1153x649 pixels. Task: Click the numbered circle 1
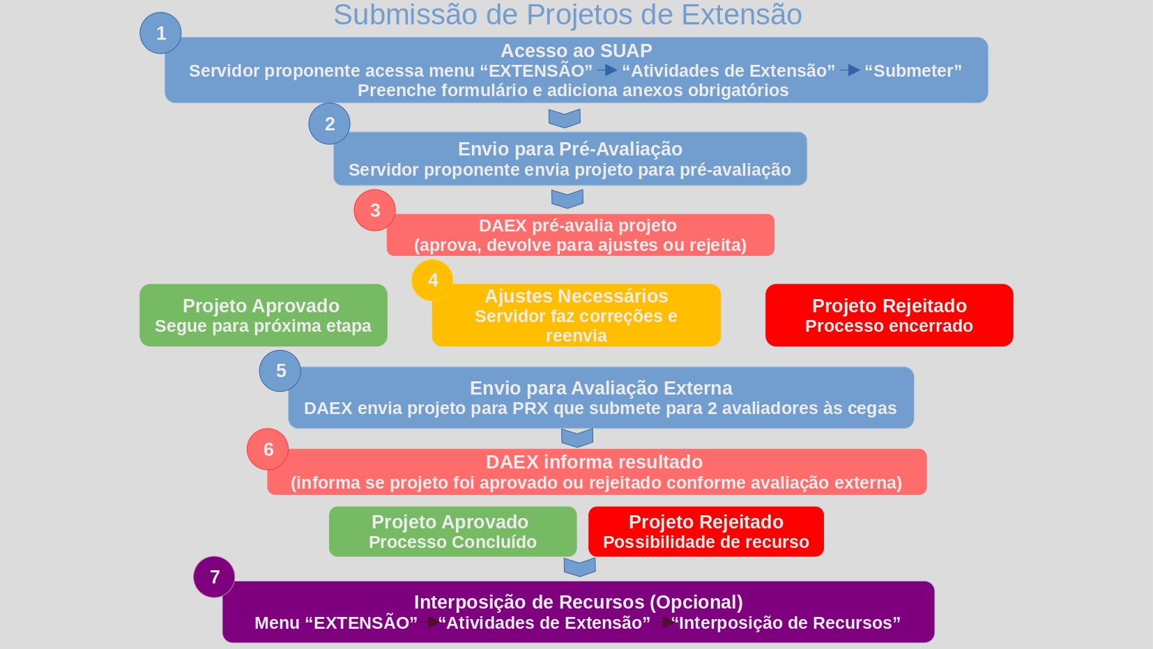pos(160,33)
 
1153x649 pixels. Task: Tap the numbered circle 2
pos(330,124)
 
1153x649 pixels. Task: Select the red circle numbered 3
pos(375,211)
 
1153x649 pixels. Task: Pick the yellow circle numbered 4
pos(433,280)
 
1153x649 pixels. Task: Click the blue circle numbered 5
pos(280,371)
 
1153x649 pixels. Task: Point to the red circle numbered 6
pos(268,450)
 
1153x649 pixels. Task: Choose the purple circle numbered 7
pos(214,577)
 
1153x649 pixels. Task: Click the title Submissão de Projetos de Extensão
pos(567,15)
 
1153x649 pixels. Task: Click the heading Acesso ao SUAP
pos(576,51)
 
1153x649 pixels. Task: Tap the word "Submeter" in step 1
pos(913,71)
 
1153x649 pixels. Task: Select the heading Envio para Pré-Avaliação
pos(570,149)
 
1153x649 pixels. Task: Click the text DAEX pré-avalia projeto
pos(578,226)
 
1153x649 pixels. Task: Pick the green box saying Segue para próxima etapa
pos(264,315)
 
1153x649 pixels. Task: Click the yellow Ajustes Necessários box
pos(576,315)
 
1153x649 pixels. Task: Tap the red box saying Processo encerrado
pos(889,315)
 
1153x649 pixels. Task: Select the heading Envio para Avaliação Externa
pos(601,388)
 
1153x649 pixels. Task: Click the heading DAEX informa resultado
pos(594,462)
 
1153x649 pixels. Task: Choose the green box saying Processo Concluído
pos(452,532)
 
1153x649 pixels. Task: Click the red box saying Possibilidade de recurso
pos(706,532)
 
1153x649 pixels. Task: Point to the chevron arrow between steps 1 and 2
pos(565,118)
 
